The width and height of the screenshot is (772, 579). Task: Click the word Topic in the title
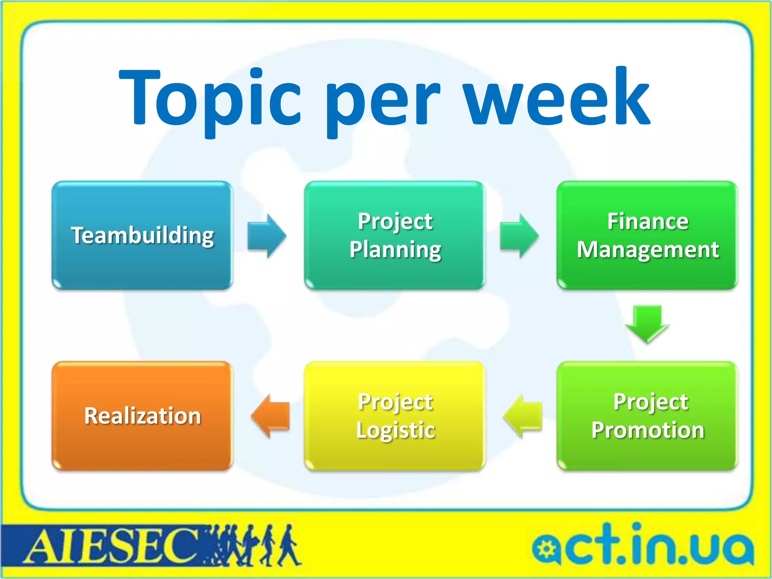click(209, 98)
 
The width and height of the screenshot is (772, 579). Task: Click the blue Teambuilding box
click(142, 236)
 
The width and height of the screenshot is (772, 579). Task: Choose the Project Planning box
click(395, 236)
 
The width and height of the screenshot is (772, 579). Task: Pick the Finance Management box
click(647, 236)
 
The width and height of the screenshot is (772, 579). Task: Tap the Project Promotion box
click(647, 416)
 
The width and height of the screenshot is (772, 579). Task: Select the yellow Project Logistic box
click(395, 416)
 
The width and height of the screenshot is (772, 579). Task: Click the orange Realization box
click(142, 416)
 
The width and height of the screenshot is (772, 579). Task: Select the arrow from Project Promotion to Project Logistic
click(523, 416)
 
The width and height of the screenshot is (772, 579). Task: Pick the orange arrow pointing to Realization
click(270, 416)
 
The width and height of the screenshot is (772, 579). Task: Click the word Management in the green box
click(648, 250)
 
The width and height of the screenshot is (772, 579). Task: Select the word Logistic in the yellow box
click(395, 430)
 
